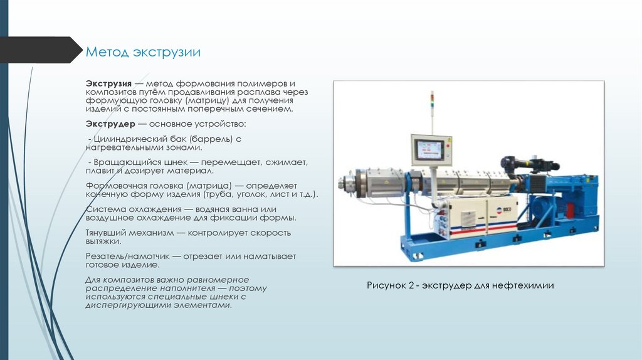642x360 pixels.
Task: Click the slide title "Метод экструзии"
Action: pyautogui.click(x=143, y=52)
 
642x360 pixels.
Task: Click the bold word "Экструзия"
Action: pyautogui.click(x=108, y=83)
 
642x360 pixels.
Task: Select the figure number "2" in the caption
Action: pyautogui.click(x=412, y=285)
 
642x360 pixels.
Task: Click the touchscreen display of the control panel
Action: pyautogui.click(x=429, y=149)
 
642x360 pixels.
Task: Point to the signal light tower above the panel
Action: pyautogui.click(x=431, y=103)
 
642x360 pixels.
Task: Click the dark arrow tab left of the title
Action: pyautogui.click(x=41, y=50)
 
